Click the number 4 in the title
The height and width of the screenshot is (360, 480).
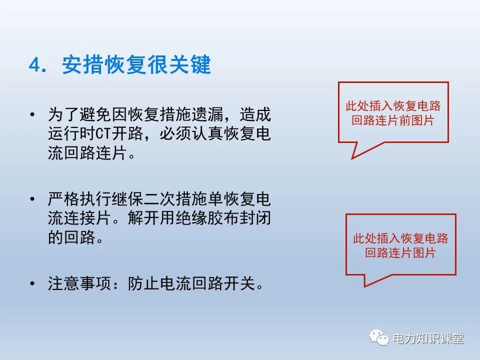point(35,65)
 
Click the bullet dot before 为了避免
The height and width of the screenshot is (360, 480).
point(32,115)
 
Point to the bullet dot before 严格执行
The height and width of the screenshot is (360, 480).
point(32,199)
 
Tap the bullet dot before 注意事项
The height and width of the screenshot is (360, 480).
point(32,283)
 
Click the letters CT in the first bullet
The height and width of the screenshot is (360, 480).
point(103,134)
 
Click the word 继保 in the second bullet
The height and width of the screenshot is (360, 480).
point(127,199)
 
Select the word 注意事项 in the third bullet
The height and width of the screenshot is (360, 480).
point(79,283)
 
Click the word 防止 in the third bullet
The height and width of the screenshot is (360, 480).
point(143,283)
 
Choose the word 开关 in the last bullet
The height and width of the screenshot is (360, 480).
point(239,283)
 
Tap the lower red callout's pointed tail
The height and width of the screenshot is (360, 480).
point(365,286)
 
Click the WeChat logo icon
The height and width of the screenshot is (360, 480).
point(379,337)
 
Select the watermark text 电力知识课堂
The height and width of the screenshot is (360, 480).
point(428,338)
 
